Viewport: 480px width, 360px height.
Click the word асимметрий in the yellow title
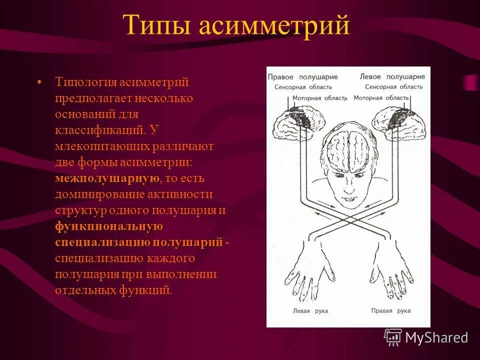274,26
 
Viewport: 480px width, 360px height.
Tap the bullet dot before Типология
39,81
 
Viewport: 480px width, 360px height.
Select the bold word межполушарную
107,178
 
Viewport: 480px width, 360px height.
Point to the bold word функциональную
109,226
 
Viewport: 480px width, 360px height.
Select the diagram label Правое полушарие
302,77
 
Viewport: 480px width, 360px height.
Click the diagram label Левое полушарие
392,77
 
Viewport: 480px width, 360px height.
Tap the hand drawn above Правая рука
390,270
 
